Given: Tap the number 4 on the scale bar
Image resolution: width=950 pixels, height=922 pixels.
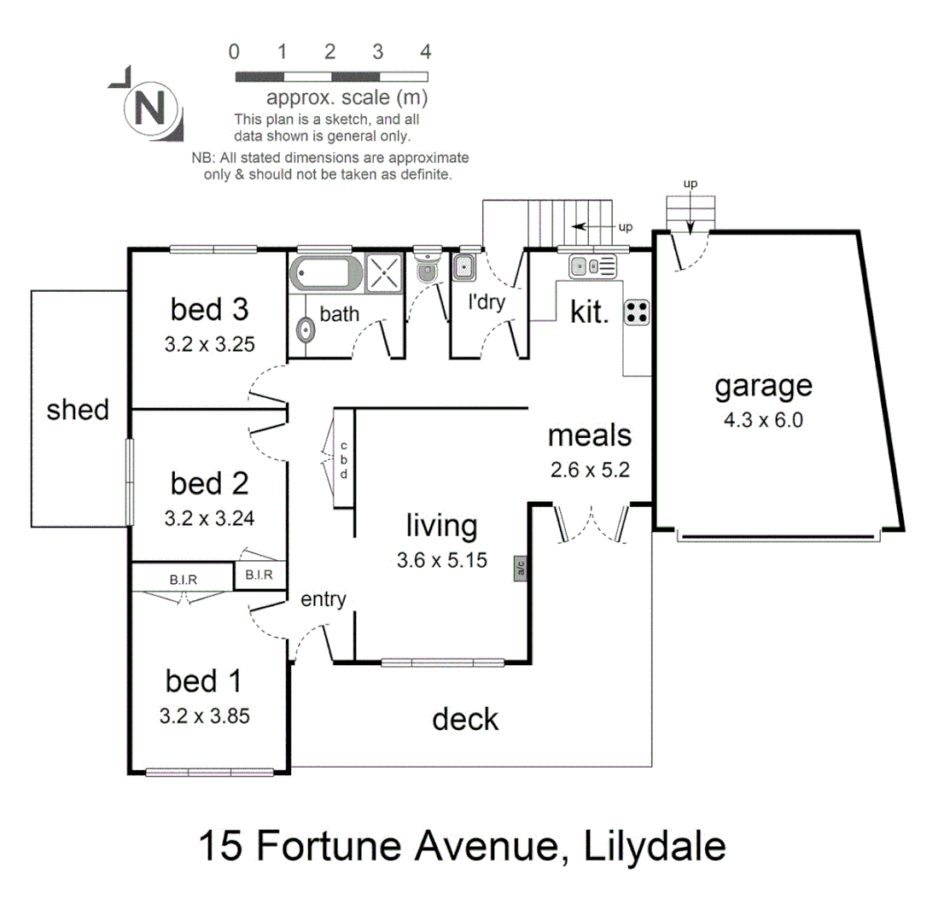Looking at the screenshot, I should point(426,50).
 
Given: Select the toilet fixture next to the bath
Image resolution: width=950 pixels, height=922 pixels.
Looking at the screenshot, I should point(425,266).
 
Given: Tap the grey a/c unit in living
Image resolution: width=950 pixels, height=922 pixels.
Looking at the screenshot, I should point(518,569).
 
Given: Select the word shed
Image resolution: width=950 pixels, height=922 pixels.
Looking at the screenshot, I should point(78,410).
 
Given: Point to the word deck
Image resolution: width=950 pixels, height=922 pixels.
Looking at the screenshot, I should point(465,719).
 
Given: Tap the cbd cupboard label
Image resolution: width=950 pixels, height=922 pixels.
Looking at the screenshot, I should point(344,460).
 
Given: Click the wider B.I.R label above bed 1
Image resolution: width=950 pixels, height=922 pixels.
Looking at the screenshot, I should point(183,580).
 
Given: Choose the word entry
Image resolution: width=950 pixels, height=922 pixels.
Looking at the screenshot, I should point(323,599).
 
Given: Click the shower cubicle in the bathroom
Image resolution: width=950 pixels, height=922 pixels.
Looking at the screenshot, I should point(383,273).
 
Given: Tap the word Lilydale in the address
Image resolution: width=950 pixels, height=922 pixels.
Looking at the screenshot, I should point(656,848).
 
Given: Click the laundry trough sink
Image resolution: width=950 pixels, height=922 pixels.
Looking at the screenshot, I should point(464,266).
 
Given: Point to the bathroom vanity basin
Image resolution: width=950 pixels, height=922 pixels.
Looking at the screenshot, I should point(304,330).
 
